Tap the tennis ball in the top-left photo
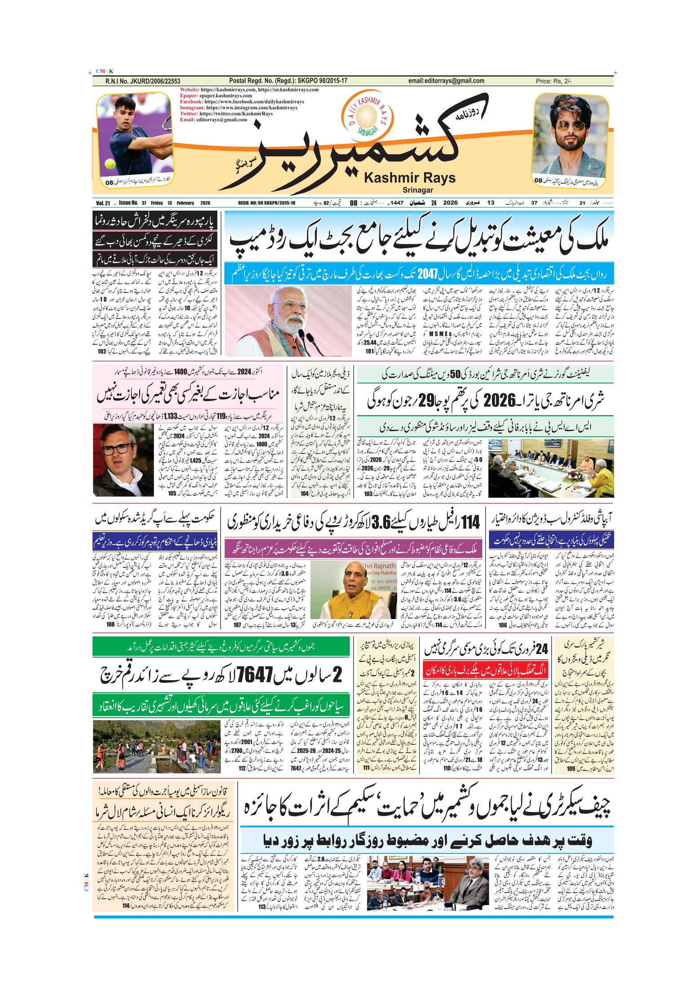point(110,164)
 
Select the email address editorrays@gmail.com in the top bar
point(446,81)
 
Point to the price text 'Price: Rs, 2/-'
point(553,81)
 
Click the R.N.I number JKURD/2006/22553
point(143,81)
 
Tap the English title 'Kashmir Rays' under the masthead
point(409,178)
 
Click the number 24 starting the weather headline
point(542,649)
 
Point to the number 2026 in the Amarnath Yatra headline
point(499,401)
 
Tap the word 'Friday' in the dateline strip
point(157,203)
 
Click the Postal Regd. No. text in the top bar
point(288,81)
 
